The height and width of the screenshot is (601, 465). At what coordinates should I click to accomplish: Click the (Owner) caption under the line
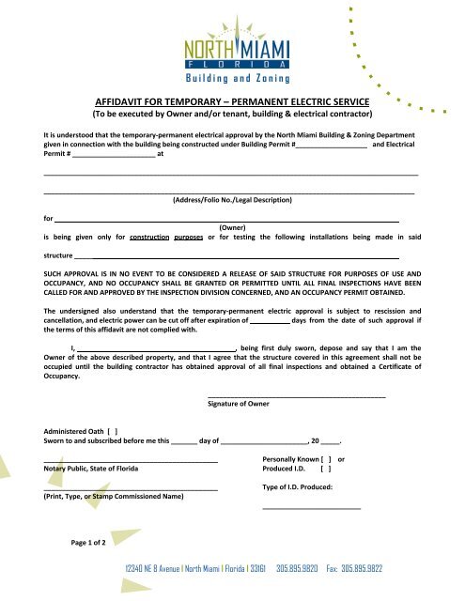(x=232, y=227)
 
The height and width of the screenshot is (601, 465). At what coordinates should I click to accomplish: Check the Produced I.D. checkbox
(x=325, y=467)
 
